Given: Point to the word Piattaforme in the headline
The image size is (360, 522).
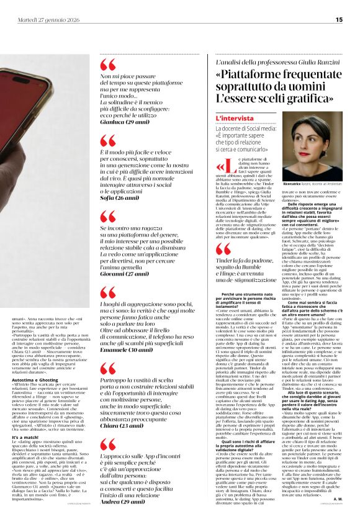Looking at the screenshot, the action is coord(253,74).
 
